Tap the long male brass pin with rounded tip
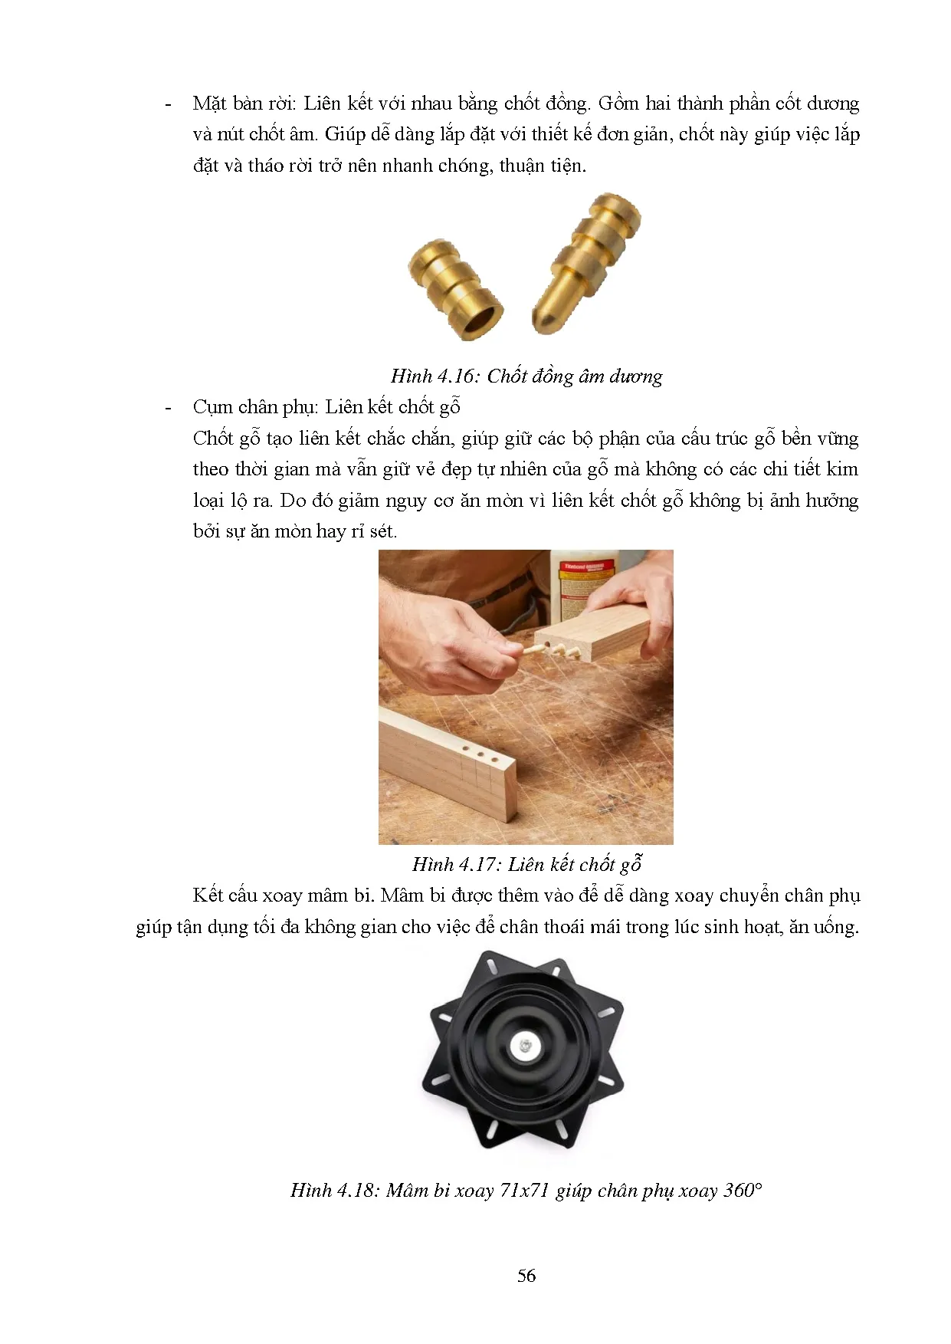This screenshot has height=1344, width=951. coord(585,262)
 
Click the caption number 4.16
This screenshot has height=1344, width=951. coord(457,376)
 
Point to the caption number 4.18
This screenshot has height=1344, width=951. coord(356,1190)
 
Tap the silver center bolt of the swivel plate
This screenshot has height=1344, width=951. coord(524,1044)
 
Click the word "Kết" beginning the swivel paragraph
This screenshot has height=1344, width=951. coord(208,895)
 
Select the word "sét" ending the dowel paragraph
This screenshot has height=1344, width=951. coord(383,531)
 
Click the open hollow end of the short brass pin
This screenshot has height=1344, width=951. coord(480,320)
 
